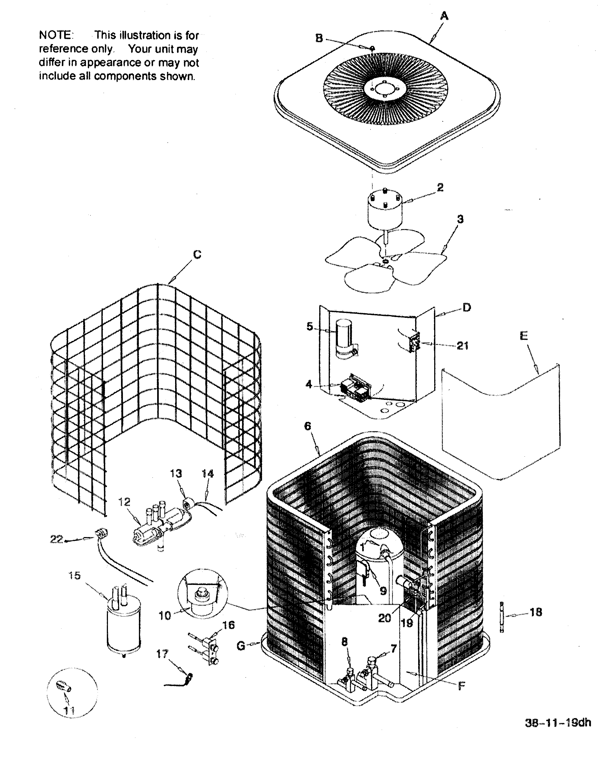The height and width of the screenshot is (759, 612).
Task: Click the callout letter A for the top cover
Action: (445, 16)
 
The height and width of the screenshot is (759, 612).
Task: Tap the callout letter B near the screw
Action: (319, 38)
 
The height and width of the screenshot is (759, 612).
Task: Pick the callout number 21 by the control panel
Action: (462, 346)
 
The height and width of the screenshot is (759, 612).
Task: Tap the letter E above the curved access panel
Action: (524, 336)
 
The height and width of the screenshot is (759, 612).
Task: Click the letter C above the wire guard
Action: (197, 254)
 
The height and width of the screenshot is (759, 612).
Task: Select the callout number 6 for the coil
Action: (307, 426)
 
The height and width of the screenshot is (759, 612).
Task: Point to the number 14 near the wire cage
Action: (208, 474)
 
